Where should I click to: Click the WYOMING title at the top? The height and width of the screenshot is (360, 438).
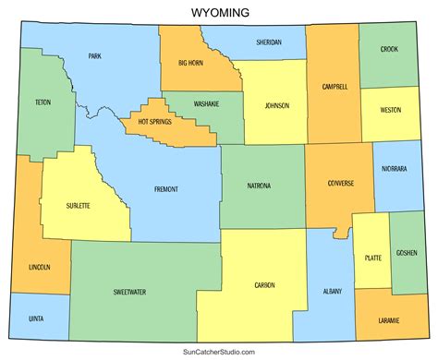tap(219, 12)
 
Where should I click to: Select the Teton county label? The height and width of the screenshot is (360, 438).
tap(43, 102)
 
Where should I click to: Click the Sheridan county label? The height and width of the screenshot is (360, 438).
tap(268, 42)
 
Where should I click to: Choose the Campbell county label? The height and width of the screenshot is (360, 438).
tap(335, 87)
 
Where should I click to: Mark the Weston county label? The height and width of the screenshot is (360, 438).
tap(390, 110)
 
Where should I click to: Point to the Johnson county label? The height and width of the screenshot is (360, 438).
tap(276, 105)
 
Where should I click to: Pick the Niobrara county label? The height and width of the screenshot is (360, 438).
tap(395, 169)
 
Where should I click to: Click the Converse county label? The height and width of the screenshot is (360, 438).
tap(341, 183)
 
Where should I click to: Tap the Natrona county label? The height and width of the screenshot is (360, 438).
tap(260, 186)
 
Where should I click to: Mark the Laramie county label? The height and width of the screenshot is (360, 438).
tap(389, 319)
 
